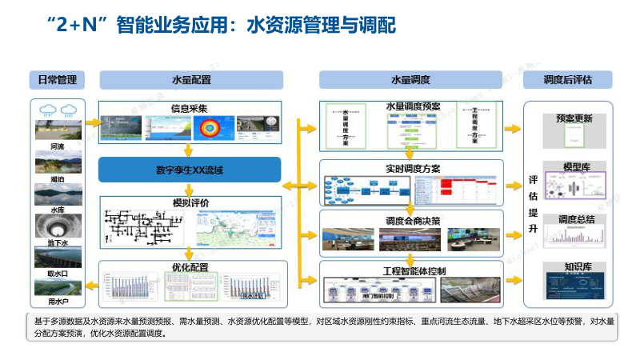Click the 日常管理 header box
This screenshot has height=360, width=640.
(x=57, y=80)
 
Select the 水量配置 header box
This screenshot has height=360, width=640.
(x=191, y=80)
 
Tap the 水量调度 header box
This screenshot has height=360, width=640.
(x=411, y=80)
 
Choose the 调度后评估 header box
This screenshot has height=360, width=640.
(x=567, y=80)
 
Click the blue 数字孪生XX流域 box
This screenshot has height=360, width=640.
(x=190, y=170)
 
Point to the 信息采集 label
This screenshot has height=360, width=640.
(x=190, y=108)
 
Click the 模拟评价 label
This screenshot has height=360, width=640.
(x=190, y=203)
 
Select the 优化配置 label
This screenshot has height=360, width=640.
(x=190, y=267)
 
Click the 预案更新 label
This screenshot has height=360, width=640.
(x=574, y=118)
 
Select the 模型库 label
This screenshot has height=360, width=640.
(x=574, y=166)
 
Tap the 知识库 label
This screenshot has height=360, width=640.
(x=574, y=267)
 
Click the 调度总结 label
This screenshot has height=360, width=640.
(x=574, y=218)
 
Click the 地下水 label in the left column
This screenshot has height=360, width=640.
(x=57, y=242)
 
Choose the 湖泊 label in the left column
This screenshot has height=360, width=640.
(x=57, y=179)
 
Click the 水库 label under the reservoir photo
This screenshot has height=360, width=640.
(x=57, y=210)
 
